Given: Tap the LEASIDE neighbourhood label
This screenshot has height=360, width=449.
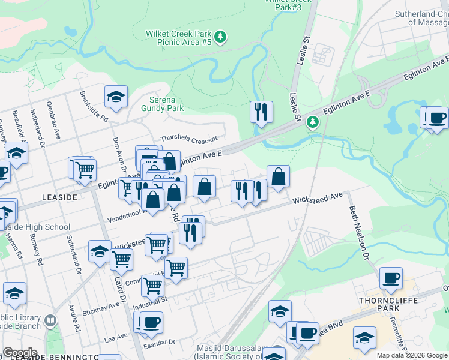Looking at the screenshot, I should click(59, 197).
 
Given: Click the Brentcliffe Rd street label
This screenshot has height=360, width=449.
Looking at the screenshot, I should click(94, 106).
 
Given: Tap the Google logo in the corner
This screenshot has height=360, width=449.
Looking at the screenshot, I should click(19, 353).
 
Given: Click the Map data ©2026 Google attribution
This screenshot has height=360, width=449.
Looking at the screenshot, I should click(412, 355).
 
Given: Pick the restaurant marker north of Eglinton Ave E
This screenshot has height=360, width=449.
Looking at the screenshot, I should click(261, 112).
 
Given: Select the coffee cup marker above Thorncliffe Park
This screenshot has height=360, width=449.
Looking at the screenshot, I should click(391, 277).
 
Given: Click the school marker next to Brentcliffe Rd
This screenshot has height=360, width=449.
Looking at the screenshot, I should click(116, 95).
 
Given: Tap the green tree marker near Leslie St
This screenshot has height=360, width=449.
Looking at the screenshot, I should click(312, 123).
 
